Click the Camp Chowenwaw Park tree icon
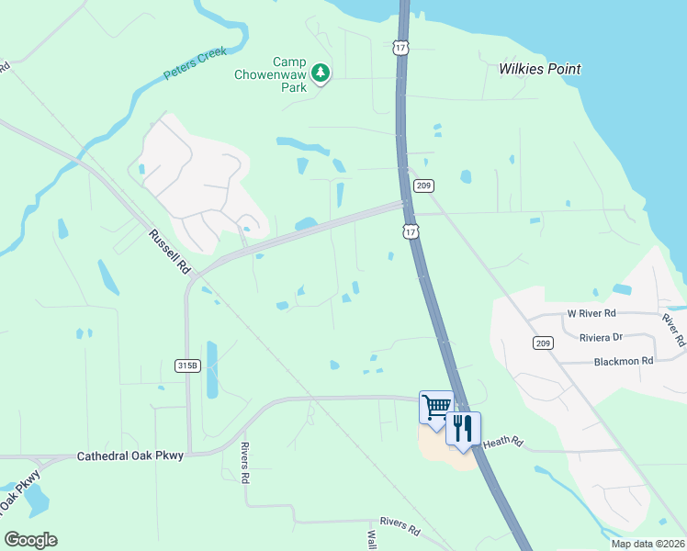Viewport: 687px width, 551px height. tap(320, 72)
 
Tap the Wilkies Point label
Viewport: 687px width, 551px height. tap(540, 69)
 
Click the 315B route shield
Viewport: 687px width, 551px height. tap(187, 365)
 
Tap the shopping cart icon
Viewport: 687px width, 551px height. tap(436, 405)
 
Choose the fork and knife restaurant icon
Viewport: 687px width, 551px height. tap(463, 427)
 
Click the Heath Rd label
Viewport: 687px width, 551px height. tap(502, 443)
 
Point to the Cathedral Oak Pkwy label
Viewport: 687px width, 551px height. tap(130, 455)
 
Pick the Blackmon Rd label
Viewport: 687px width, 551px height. tap(623, 361)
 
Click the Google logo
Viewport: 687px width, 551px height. tap(30, 540)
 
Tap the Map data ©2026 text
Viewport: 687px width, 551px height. tap(648, 544)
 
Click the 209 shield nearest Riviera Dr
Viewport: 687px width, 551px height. tap(541, 343)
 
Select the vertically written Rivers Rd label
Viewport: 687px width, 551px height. tap(245, 463)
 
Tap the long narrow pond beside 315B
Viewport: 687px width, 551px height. tap(212, 369)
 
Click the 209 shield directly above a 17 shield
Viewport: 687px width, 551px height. tap(422, 186)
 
